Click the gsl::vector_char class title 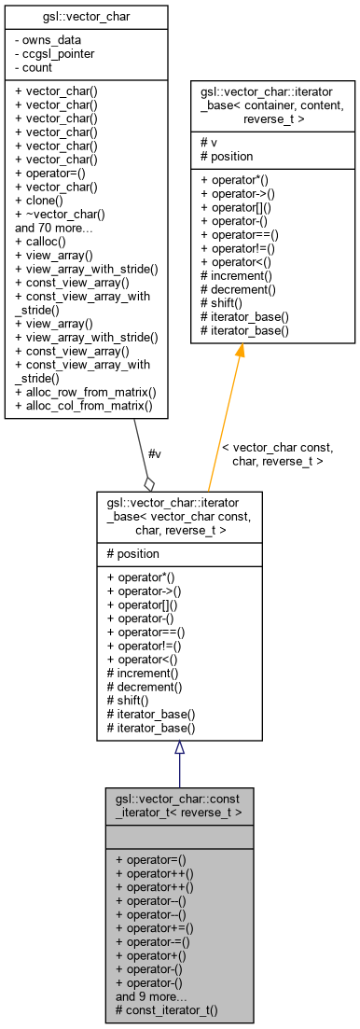click(86, 17)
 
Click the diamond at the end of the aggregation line click(148, 483)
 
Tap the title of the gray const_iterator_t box click(179, 806)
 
